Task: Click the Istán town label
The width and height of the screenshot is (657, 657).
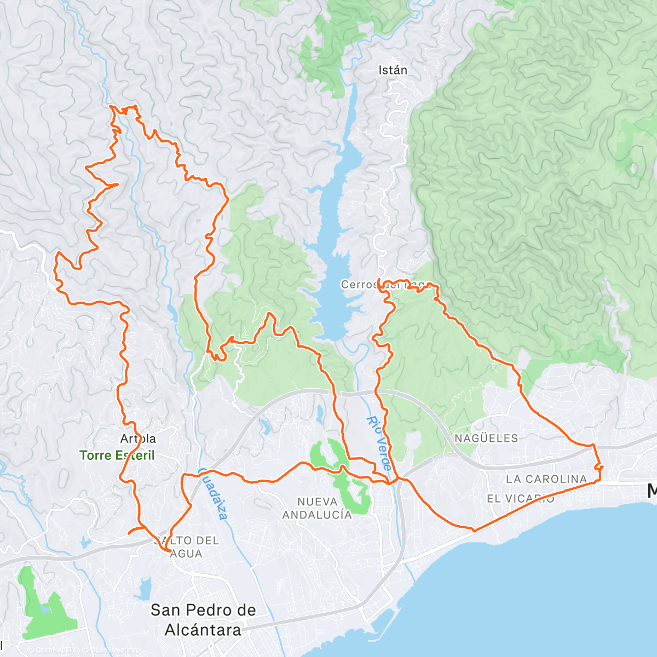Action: click(x=393, y=70)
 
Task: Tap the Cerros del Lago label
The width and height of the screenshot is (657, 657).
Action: click(x=387, y=285)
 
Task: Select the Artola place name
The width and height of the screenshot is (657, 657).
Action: click(x=138, y=439)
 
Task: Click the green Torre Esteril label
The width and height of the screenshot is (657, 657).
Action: click(x=117, y=456)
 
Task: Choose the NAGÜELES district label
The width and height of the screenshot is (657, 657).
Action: click(x=486, y=438)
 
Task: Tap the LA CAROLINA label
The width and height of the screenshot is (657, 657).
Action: click(x=546, y=479)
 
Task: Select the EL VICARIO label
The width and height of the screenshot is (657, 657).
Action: click(x=520, y=499)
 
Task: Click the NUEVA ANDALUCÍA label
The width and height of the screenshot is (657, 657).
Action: click(x=317, y=508)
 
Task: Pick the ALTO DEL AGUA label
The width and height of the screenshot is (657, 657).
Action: click(x=188, y=547)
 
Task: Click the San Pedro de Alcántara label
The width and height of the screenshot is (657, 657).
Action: click(x=203, y=620)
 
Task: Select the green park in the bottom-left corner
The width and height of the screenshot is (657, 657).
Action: click(x=47, y=608)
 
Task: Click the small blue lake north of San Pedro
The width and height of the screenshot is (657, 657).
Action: click(x=145, y=589)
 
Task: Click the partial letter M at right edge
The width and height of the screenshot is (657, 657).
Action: click(x=652, y=491)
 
